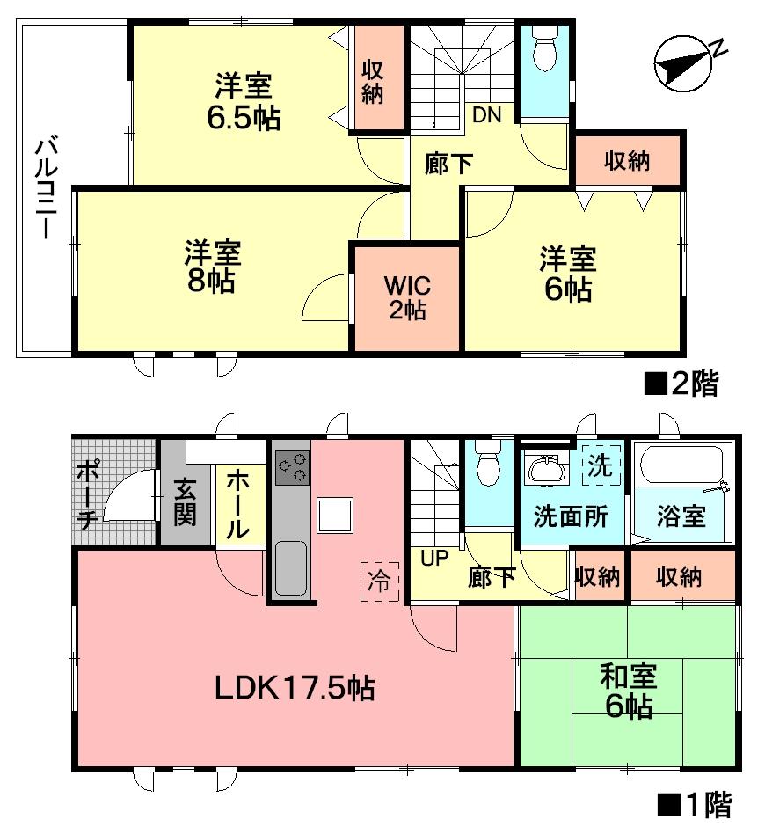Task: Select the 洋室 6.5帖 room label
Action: point(244,102)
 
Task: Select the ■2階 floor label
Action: point(682,384)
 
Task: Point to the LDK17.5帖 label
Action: point(295,686)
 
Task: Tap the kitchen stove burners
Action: point(292,466)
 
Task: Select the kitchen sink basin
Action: point(290,568)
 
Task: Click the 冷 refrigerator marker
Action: point(380,581)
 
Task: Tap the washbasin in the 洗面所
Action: point(547,468)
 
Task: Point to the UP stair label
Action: point(434,557)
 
